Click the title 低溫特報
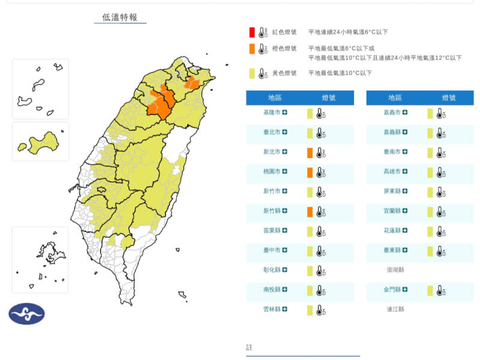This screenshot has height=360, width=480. (x=120, y=17)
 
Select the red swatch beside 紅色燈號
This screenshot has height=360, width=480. (x=253, y=32)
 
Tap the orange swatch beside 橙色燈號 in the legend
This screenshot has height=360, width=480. (x=253, y=49)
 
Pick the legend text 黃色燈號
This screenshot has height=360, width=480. (x=284, y=73)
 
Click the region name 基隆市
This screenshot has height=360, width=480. (x=271, y=112)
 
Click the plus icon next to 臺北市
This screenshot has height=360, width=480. (x=285, y=132)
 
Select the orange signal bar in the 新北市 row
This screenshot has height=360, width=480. (x=310, y=152)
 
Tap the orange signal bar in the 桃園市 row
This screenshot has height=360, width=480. (x=310, y=172)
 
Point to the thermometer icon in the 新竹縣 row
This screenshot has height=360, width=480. (x=321, y=212)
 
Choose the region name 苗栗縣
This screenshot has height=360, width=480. (x=271, y=231)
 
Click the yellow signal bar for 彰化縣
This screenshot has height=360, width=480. (x=310, y=271)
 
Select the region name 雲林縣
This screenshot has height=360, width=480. (x=271, y=310)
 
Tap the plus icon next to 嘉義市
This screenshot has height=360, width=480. (x=406, y=112)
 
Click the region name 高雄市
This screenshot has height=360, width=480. (x=392, y=172)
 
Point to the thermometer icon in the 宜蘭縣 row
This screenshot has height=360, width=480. (x=441, y=212)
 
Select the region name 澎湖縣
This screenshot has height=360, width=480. (x=395, y=270)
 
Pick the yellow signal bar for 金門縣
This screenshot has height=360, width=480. (x=430, y=290)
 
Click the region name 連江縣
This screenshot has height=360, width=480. (x=395, y=310)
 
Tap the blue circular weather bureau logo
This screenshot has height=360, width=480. (x=26, y=313)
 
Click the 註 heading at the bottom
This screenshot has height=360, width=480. (x=250, y=347)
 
